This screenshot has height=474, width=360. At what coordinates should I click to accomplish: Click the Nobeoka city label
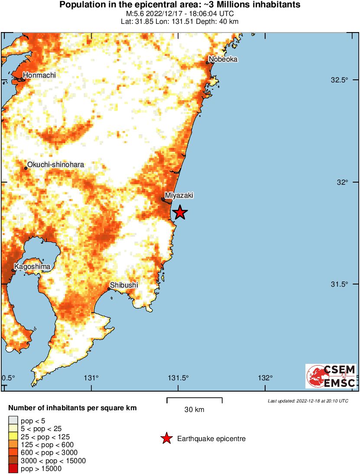223,59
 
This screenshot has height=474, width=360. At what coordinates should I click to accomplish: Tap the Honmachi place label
39,75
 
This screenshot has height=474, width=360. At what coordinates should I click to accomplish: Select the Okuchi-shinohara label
56,165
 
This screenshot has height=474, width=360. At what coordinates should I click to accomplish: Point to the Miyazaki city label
179,196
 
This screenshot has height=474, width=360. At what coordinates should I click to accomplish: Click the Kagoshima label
32,266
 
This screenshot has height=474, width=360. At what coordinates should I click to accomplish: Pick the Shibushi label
124,285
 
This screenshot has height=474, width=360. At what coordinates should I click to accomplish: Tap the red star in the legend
166,439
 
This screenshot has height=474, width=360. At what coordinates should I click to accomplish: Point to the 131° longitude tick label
91,378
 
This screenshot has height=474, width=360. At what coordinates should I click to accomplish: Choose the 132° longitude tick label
265,378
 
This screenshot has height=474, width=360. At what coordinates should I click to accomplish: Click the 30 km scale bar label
194,410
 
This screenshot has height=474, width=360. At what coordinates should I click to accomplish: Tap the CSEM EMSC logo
331,376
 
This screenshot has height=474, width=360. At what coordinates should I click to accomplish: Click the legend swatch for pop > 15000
13,468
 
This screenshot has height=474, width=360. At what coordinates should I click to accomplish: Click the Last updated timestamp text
308,401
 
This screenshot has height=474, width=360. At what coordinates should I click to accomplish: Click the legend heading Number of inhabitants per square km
73,408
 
